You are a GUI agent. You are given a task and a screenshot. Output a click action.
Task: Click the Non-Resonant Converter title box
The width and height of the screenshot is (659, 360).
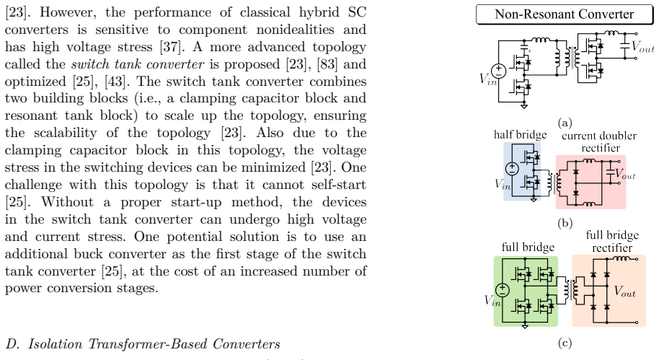click(x=565, y=14)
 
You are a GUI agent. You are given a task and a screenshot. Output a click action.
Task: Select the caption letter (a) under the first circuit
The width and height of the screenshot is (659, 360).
click(x=565, y=123)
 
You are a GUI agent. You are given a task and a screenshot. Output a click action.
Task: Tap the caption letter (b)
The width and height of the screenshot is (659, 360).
click(x=565, y=223)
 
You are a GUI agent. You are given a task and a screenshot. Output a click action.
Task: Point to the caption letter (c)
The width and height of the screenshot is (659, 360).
click(x=565, y=343)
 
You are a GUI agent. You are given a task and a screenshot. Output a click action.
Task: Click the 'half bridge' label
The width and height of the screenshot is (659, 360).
click(x=521, y=135)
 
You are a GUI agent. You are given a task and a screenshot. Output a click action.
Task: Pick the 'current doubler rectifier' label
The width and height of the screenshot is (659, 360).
click(x=599, y=141)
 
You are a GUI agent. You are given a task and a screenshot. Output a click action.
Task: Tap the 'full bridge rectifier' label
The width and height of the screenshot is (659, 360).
click(x=612, y=242)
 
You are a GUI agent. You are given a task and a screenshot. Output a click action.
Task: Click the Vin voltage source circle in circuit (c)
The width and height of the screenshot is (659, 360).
click(x=503, y=290)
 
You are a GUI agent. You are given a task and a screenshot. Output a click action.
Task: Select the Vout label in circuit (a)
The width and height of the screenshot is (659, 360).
click(x=643, y=46)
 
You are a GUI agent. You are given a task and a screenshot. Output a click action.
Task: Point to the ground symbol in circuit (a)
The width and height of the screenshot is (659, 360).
click(x=523, y=106)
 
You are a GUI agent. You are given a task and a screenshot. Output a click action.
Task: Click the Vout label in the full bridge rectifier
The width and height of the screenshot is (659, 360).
click(x=624, y=291)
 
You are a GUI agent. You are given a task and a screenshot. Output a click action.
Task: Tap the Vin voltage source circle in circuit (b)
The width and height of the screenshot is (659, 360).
click(x=512, y=169)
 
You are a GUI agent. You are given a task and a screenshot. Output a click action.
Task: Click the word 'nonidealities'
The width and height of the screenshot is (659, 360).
click(x=295, y=30)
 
